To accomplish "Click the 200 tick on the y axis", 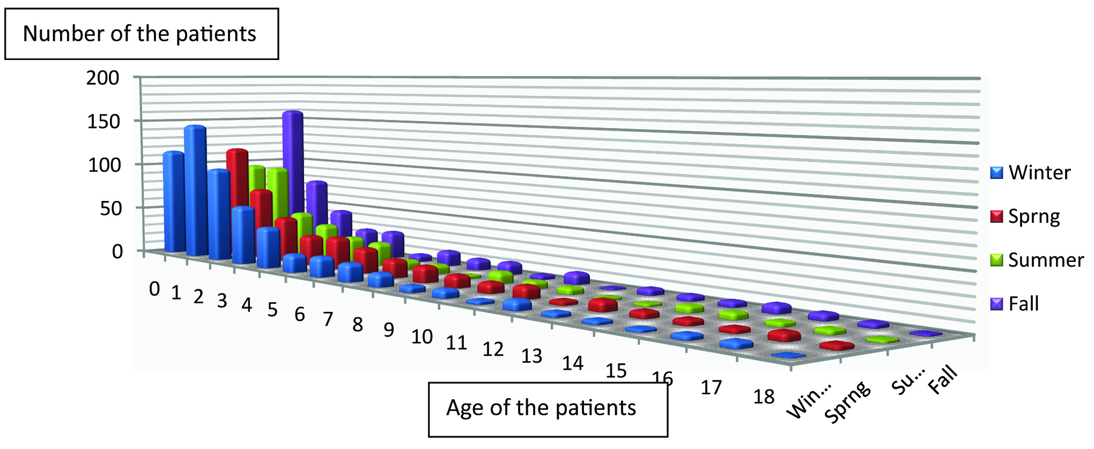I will click(x=103, y=78).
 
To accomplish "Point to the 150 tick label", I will click(x=103, y=122).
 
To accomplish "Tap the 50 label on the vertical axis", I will click(x=111, y=208).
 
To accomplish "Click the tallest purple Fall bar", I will click(x=293, y=161).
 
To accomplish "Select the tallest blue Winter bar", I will click(x=195, y=188).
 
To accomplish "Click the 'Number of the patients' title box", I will click(x=141, y=34).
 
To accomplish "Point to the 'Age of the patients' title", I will click(x=542, y=408).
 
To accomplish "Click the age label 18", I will click(x=764, y=397).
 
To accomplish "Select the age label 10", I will click(x=422, y=337).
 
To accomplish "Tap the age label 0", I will click(x=154, y=289).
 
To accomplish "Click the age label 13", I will click(x=531, y=356).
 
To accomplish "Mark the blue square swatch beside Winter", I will click(x=996, y=173).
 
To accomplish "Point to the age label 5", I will click(x=272, y=310).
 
